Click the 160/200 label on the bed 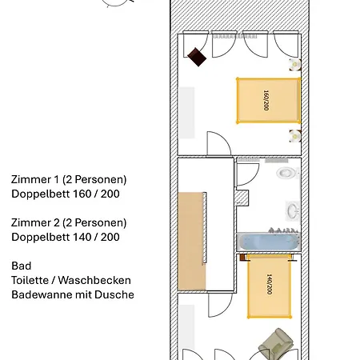(266, 100)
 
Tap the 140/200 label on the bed (270, 284)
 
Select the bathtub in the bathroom (269, 242)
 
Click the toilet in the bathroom (286, 173)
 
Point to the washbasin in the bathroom (293, 211)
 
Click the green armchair (276, 343)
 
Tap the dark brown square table (197, 57)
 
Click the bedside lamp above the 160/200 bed (295, 64)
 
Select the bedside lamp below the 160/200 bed (295, 136)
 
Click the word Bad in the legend (22, 266)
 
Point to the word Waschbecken (94, 280)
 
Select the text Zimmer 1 (34, 179)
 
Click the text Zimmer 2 (35, 222)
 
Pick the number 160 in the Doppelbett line (82, 194)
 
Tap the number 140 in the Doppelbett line (82, 237)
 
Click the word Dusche (114, 294)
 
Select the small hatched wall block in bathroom (242, 198)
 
